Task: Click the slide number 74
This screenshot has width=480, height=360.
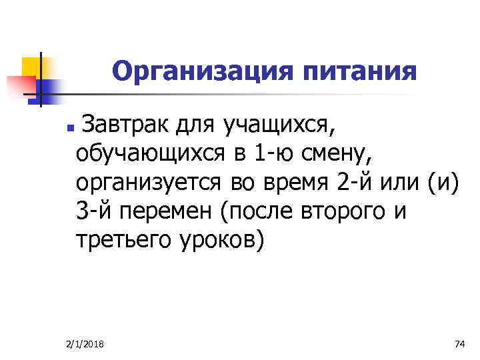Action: click(459, 343)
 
